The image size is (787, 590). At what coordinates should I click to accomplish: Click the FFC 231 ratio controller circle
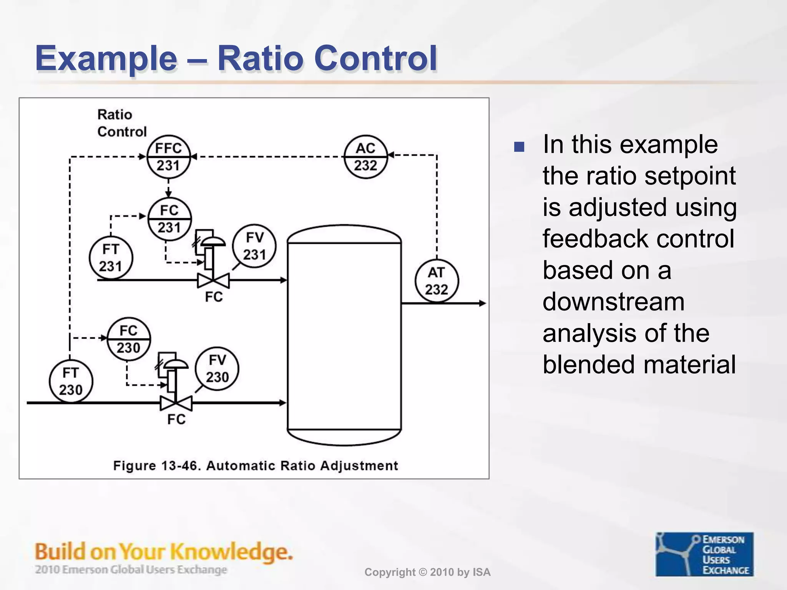click(x=168, y=157)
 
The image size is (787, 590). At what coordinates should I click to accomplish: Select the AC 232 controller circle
click(x=365, y=157)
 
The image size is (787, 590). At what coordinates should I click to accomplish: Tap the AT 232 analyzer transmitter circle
click(x=437, y=281)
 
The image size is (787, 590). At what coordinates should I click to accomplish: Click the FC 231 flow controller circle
click(x=169, y=219)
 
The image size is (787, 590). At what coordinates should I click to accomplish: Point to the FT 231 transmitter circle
click(x=111, y=258)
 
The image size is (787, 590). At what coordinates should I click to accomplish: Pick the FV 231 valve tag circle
click(x=254, y=246)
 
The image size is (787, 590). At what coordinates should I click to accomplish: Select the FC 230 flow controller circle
click(x=128, y=339)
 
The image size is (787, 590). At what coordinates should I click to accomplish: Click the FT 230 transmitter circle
click(x=71, y=381)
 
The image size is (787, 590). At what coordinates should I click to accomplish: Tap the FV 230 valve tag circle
click(x=217, y=369)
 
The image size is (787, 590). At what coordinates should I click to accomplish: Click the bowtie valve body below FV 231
click(x=213, y=280)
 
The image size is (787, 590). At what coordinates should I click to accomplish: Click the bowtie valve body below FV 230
click(x=176, y=403)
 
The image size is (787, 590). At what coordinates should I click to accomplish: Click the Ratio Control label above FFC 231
click(x=121, y=123)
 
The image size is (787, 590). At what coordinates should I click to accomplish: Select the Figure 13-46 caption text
click(x=256, y=466)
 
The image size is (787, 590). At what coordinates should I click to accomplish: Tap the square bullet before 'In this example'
click(x=519, y=147)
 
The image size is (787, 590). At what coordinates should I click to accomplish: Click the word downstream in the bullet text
click(x=613, y=302)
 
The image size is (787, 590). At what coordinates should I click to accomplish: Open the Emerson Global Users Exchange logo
click(x=704, y=554)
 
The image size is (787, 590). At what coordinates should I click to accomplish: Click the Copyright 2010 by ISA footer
click(x=427, y=572)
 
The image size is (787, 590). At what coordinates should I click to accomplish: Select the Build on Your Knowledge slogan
click(x=164, y=552)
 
